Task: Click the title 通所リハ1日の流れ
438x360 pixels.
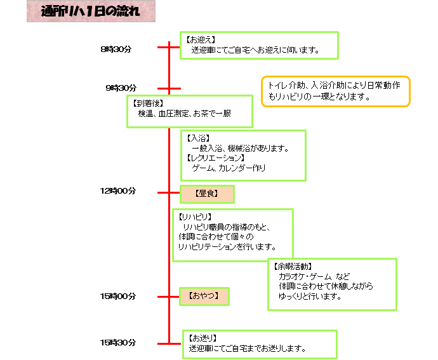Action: click(90, 11)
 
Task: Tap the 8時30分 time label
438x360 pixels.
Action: click(116, 50)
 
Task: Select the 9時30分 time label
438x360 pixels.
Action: click(121, 88)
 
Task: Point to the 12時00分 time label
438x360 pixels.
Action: click(118, 191)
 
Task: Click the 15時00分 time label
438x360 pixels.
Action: click(118, 297)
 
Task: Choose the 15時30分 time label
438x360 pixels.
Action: click(118, 343)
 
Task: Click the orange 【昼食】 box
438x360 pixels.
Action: click(207, 194)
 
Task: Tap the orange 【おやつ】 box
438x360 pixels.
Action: click(204, 297)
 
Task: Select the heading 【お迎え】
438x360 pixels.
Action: click(201, 40)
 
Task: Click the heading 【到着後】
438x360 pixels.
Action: click(149, 103)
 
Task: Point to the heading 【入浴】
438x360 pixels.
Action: click(198, 138)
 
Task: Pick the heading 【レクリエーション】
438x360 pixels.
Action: click(216, 158)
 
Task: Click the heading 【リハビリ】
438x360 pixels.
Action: click(196, 217)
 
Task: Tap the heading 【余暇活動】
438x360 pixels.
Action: click(293, 267)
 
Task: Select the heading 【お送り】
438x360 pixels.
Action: click(203, 338)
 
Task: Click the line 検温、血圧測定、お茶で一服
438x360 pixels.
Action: click(185, 114)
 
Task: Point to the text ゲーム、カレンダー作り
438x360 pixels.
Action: click(229, 168)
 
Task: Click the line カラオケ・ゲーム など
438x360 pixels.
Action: click(314, 276)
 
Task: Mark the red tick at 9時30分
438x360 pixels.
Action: click(169, 89)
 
